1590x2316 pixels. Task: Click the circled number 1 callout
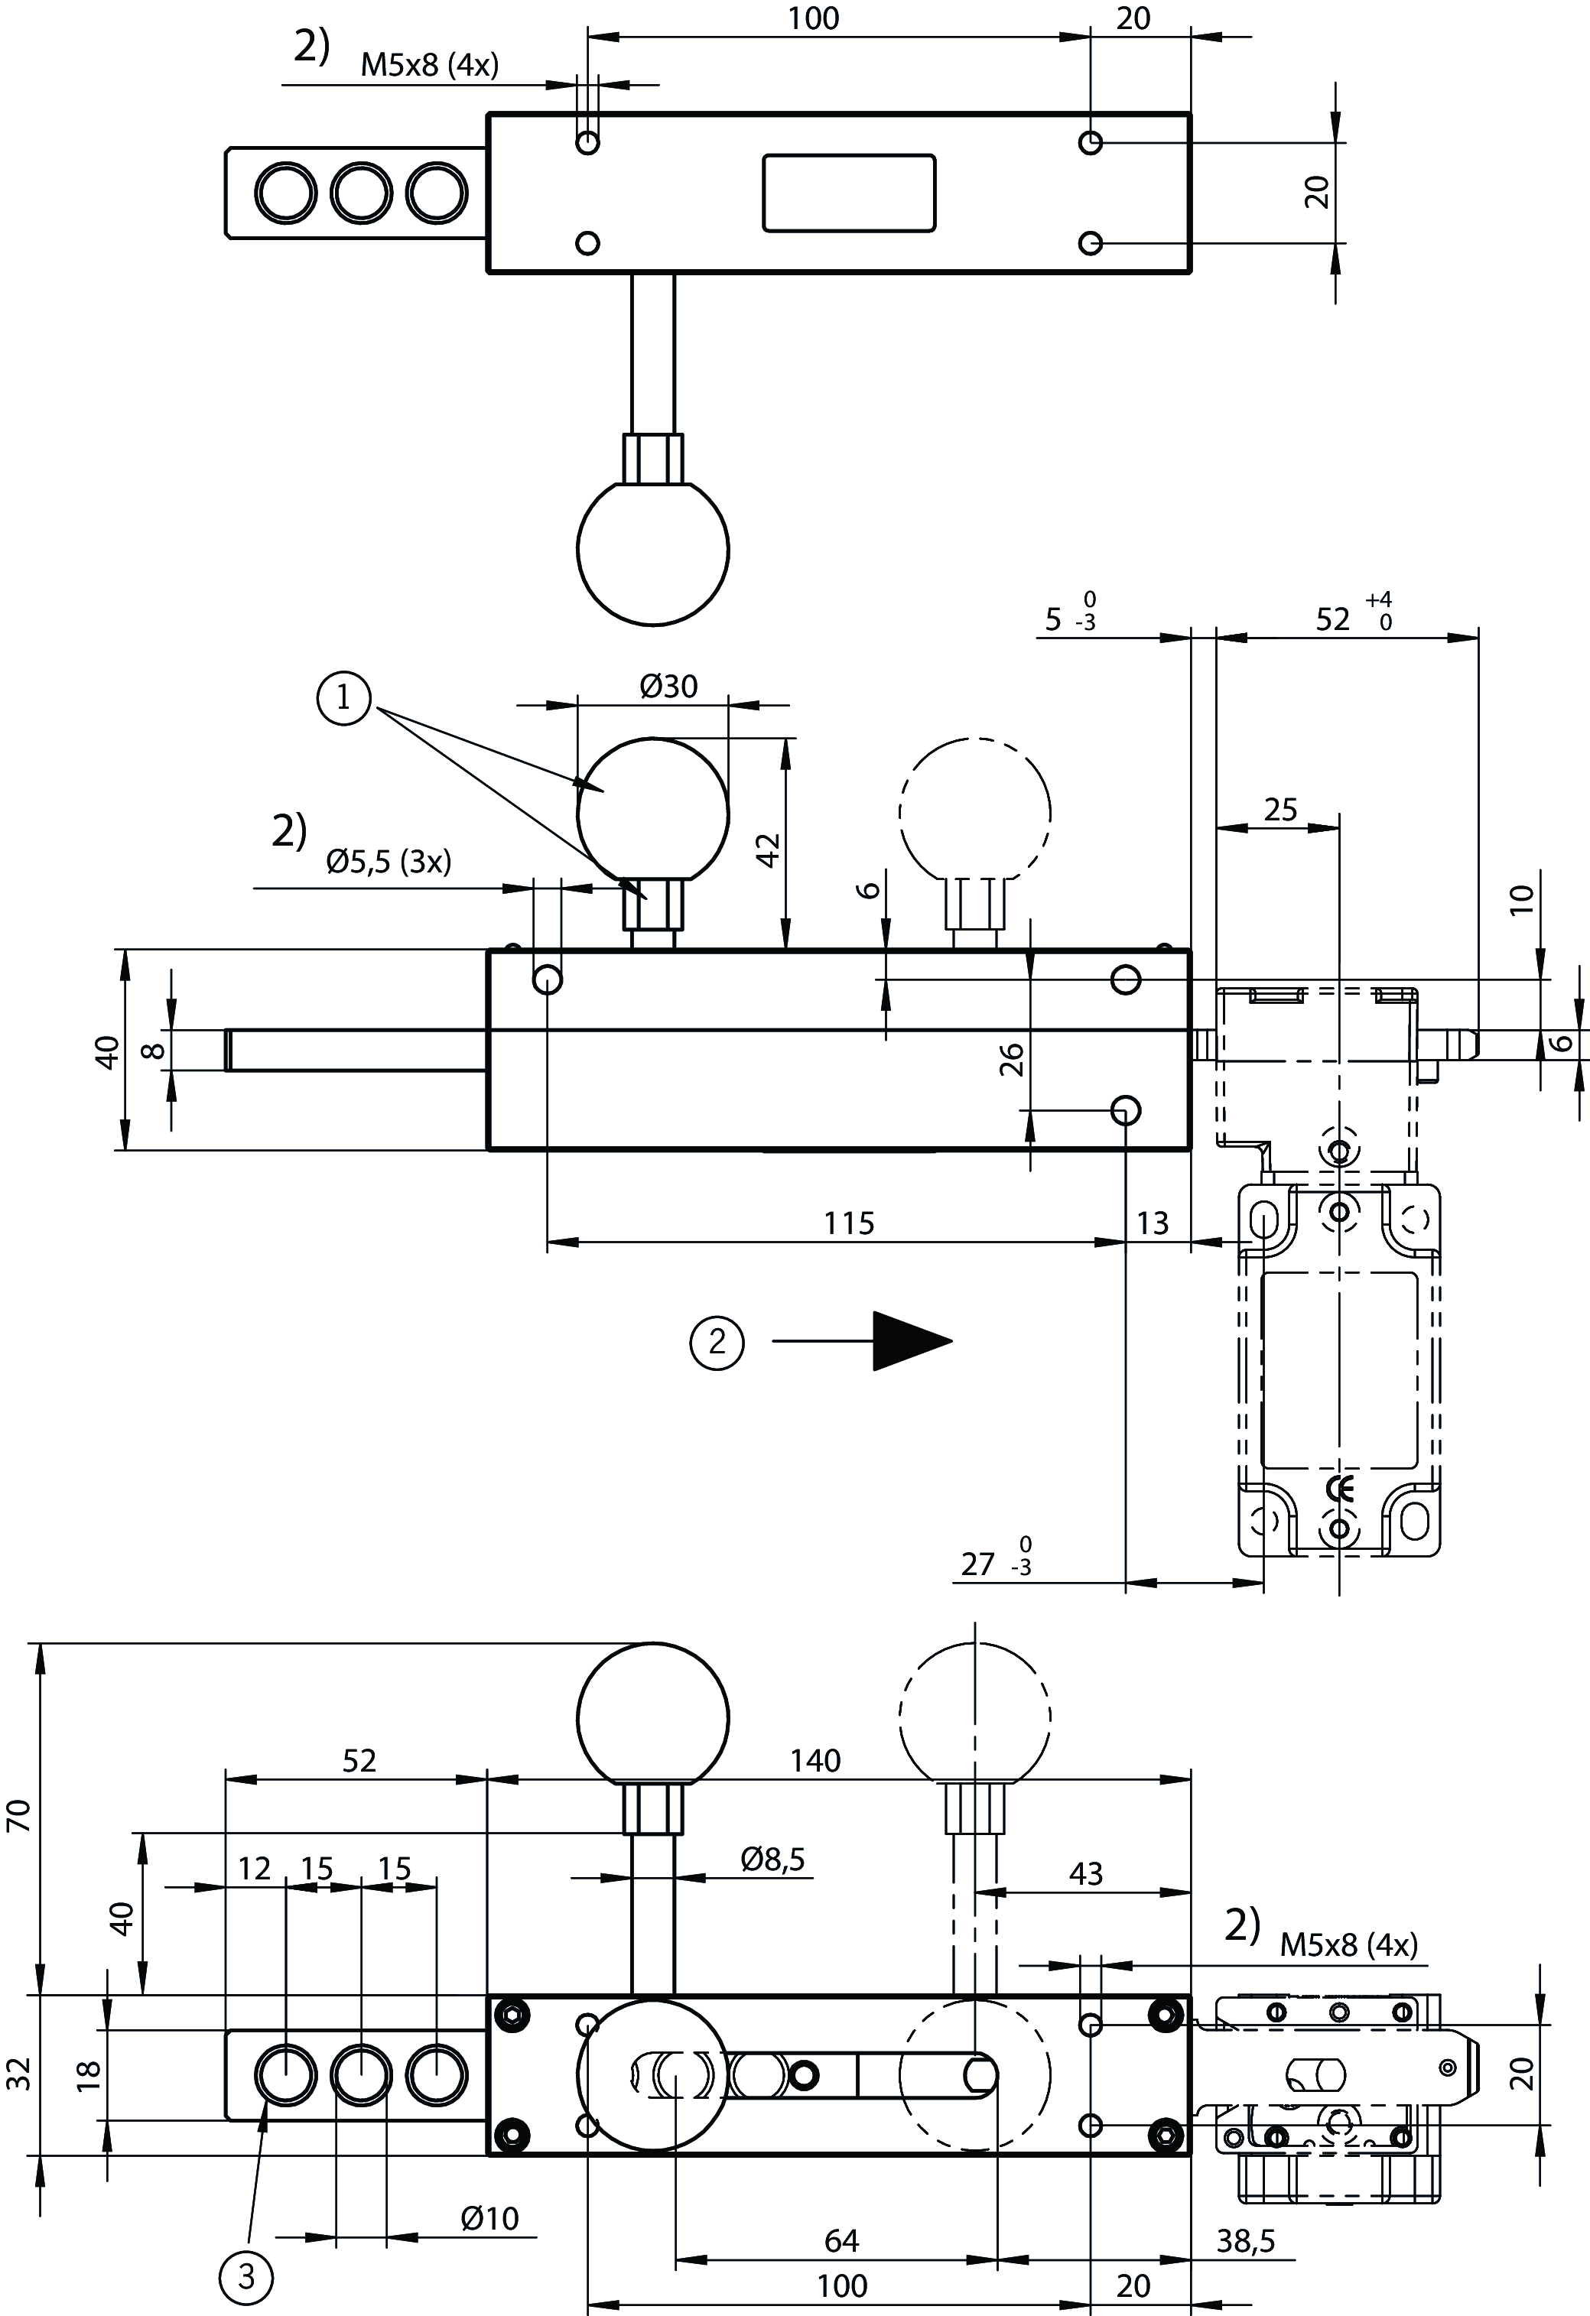coord(344,699)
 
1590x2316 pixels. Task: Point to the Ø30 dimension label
coord(669,687)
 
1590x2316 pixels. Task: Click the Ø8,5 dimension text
coord(772,1859)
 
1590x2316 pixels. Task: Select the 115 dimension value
coord(848,1223)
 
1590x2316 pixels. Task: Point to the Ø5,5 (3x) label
coord(389,861)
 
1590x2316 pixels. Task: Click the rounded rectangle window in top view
coord(848,193)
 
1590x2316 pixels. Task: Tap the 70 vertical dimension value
coord(21,1816)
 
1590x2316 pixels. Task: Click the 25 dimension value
coord(1280,809)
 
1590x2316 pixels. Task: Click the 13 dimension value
coord(1153,1223)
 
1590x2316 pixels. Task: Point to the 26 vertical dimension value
coord(1011,1058)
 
